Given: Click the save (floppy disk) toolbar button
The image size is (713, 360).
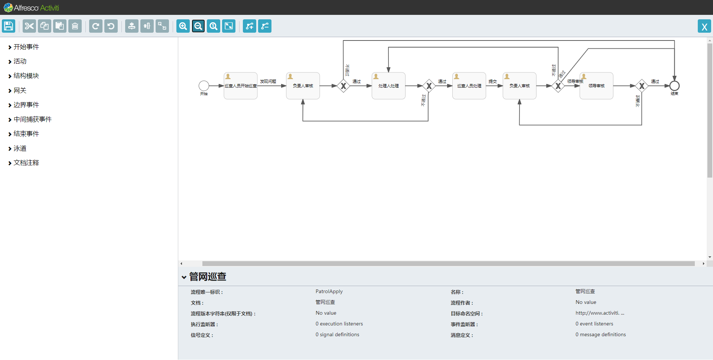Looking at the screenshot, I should tap(9, 26).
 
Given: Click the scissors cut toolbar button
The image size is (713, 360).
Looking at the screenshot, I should tap(29, 26).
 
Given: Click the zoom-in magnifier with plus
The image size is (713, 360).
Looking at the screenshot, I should tap(183, 26).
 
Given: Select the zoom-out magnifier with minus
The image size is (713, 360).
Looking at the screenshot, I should tap(198, 26).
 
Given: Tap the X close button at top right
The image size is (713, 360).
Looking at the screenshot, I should tap(704, 26).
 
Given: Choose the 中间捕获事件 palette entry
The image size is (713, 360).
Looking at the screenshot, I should tap(32, 119).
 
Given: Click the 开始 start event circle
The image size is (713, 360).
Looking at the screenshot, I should tap(204, 86).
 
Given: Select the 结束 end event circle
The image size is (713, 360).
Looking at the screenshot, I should tap(674, 86).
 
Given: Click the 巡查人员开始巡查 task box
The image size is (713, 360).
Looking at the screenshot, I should tap(241, 86).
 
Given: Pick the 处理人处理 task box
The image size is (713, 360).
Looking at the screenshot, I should tap(388, 86).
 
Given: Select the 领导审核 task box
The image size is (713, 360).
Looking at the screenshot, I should tap(596, 86).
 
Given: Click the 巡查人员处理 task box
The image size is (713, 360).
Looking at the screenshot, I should tap(469, 86).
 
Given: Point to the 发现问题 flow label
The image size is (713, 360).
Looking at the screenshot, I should tap(268, 81).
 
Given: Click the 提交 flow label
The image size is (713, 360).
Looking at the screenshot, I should tap(492, 81).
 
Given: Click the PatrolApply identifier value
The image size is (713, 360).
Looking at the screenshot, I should tap(329, 291).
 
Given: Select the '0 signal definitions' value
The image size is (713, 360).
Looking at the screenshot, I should tap(337, 334).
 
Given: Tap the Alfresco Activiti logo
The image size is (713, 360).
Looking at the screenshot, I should tap(31, 7).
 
